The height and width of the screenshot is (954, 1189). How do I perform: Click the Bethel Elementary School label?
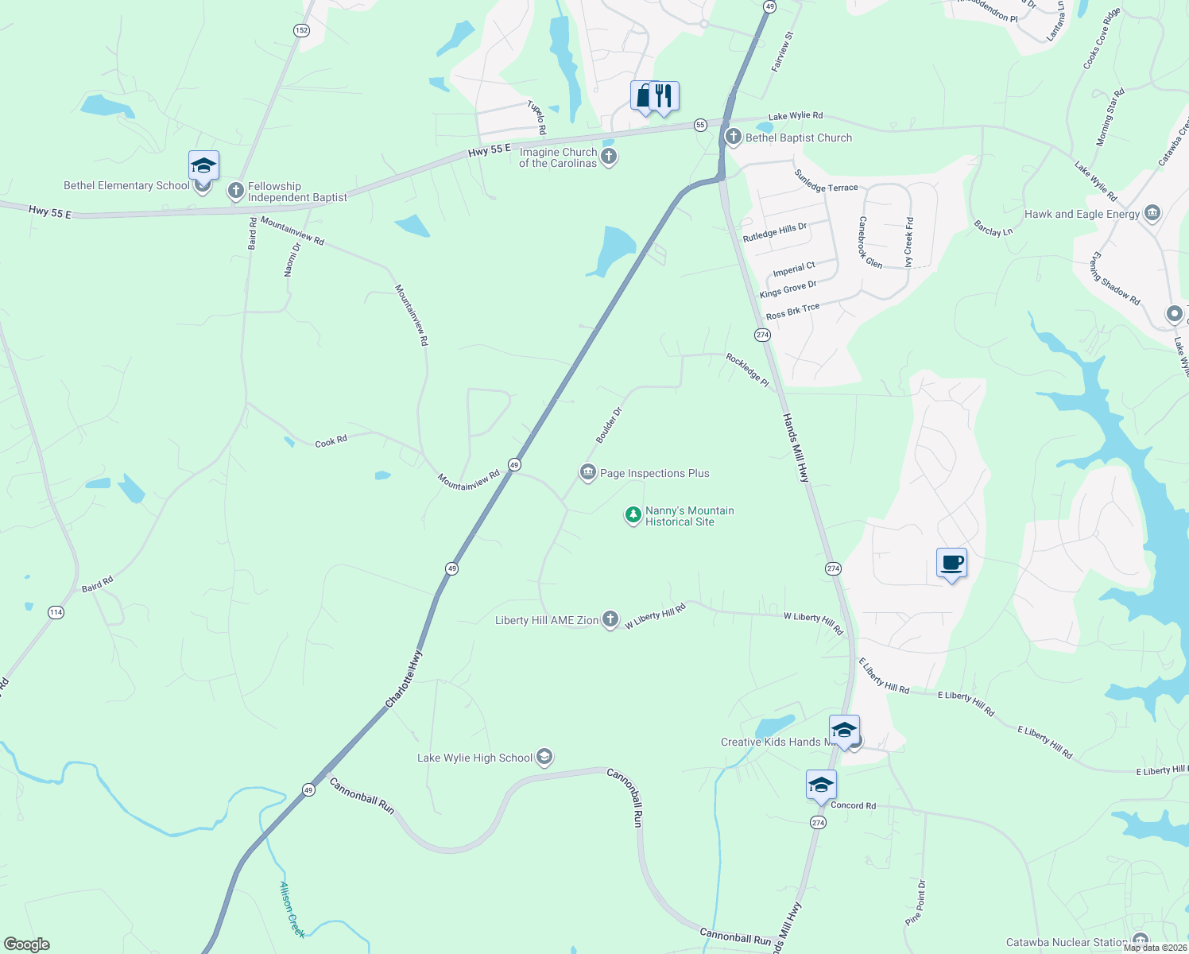pyautogui.click(x=126, y=186)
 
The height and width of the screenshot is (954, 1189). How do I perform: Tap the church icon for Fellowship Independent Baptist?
pyautogui.click(x=235, y=191)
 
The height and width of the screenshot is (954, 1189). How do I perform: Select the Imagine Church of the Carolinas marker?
pyautogui.click(x=609, y=157)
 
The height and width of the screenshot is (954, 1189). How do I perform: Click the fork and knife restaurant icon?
pyautogui.click(x=664, y=96)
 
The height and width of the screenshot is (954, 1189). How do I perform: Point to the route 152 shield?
pyautogui.click(x=301, y=30)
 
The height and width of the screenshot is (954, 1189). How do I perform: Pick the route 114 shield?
pyautogui.click(x=56, y=612)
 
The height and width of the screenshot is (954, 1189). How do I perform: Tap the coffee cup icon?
pyautogui.click(x=951, y=563)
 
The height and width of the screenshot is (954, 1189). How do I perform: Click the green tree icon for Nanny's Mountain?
pyautogui.click(x=633, y=515)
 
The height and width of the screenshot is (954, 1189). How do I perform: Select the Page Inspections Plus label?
pyautogui.click(x=654, y=474)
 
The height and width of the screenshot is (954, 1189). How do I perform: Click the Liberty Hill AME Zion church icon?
pyautogui.click(x=610, y=619)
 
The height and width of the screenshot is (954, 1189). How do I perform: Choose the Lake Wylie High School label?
pyautogui.click(x=474, y=758)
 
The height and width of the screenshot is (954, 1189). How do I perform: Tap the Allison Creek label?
pyautogui.click(x=292, y=909)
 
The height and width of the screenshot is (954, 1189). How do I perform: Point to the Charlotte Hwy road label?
pyautogui.click(x=404, y=679)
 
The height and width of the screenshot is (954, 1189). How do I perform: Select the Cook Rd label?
pyautogui.click(x=331, y=441)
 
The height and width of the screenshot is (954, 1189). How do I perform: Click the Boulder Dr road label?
pyautogui.click(x=609, y=425)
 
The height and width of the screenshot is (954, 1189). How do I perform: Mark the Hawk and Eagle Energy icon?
pyautogui.click(x=1152, y=213)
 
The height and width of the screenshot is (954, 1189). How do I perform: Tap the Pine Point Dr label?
pyautogui.click(x=916, y=902)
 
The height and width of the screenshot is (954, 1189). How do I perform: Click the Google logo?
pyautogui.click(x=26, y=944)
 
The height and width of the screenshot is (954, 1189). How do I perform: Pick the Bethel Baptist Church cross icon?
pyautogui.click(x=733, y=137)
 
